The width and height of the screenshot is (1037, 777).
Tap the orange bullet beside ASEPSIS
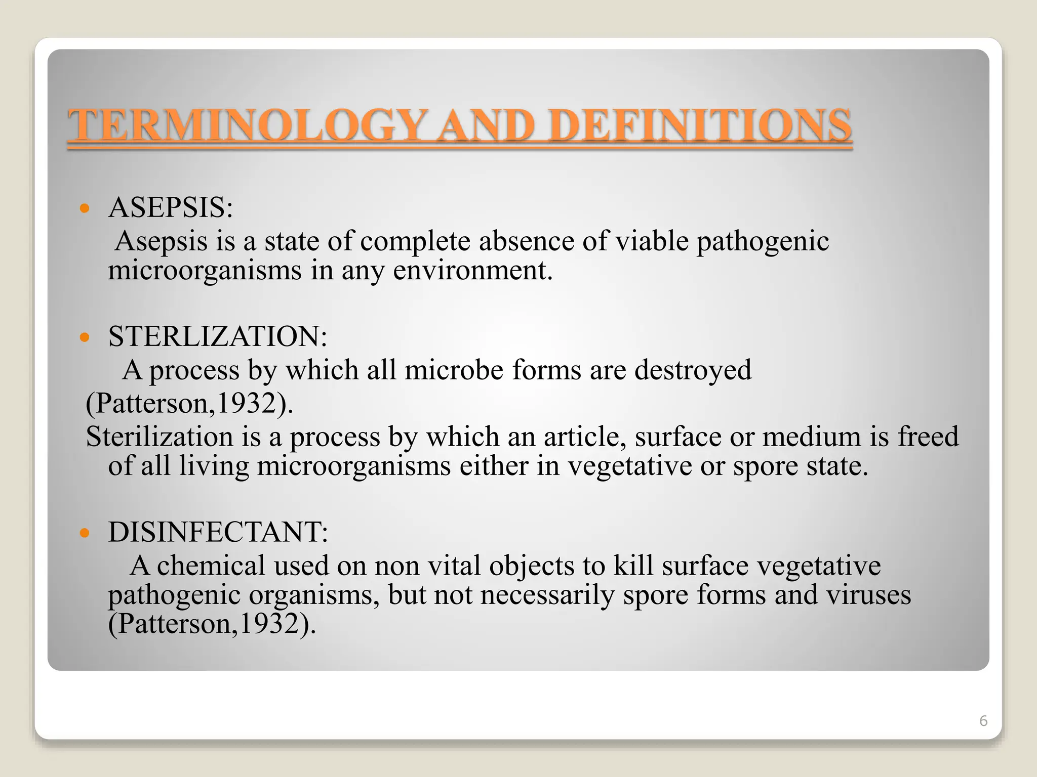click(x=85, y=208)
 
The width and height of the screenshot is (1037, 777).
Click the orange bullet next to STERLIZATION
click(x=85, y=336)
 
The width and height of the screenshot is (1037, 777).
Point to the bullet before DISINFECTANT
click(x=85, y=532)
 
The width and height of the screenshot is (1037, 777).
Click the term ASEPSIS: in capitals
click(x=171, y=207)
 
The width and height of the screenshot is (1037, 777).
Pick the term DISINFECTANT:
click(x=218, y=532)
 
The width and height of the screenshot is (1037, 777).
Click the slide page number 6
click(x=983, y=721)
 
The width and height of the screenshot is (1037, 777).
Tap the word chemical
click(x=211, y=566)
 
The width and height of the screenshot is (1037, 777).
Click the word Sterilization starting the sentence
click(x=159, y=437)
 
